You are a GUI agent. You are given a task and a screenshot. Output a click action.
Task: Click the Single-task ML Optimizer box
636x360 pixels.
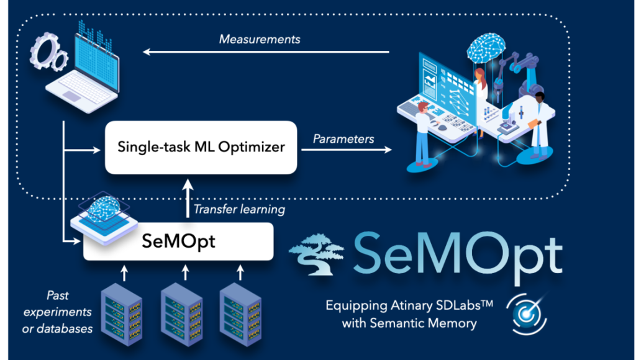pyautogui.click(x=201, y=147)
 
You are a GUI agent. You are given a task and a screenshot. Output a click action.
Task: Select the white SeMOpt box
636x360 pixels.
pyautogui.click(x=179, y=241)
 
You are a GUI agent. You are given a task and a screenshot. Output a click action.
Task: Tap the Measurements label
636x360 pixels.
pyautogui.click(x=260, y=39)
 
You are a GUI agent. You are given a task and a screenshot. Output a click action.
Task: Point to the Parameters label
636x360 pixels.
pyautogui.click(x=343, y=138)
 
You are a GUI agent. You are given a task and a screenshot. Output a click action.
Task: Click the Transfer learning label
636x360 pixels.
pyautogui.click(x=239, y=209)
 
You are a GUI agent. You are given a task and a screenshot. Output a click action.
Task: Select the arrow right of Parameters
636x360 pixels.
pyautogui.click(x=348, y=150)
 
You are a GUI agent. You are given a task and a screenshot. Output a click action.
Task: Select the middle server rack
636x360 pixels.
pyautogui.click(x=181, y=308)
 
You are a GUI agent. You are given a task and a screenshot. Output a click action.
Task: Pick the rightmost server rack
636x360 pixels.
pyautogui.click(x=240, y=308)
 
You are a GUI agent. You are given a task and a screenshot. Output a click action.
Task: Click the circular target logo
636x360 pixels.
pyautogui.click(x=525, y=313)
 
